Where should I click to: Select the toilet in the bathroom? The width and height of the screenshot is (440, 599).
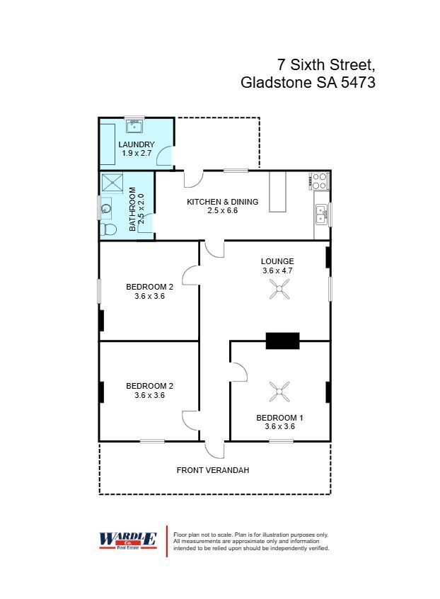click(x=108, y=229)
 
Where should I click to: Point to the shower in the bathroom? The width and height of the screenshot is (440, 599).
click(x=111, y=183)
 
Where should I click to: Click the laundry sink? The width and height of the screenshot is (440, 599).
click(x=134, y=127)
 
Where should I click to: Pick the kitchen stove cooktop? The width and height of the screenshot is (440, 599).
click(x=320, y=181)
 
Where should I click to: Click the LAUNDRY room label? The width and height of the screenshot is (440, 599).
click(x=137, y=144)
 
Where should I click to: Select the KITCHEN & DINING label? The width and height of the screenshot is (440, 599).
click(x=222, y=202)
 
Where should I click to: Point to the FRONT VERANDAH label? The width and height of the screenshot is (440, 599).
click(x=213, y=470)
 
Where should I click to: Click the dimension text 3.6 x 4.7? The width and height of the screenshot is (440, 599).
click(x=277, y=270)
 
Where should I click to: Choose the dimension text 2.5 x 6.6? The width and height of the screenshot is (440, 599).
click(x=222, y=211)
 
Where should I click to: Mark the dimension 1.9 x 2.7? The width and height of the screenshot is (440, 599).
click(x=137, y=153)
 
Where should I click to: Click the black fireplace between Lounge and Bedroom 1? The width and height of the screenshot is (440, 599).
click(x=282, y=341)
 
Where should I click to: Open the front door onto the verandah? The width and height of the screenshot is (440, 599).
click(x=214, y=448)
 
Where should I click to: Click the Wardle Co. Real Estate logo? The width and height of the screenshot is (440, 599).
click(x=127, y=540)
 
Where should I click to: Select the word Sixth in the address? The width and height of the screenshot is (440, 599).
click(x=315, y=64)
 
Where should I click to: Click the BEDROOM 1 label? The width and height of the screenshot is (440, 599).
click(x=280, y=418)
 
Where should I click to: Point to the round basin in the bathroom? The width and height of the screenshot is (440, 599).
click(x=106, y=209)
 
